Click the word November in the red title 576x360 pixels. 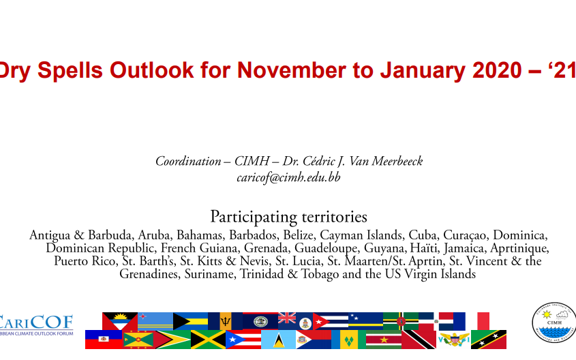point(291,70)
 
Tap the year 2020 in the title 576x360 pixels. point(497,70)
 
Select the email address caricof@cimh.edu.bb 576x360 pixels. point(288,177)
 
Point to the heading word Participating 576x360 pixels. point(254,217)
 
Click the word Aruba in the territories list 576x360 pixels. point(155,235)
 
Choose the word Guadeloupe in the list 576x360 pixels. point(325,248)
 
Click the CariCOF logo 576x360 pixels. point(36,325)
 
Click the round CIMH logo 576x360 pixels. point(554,323)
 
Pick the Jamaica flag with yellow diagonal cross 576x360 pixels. point(208,340)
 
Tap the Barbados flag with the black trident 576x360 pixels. point(225,321)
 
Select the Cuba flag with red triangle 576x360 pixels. point(330,321)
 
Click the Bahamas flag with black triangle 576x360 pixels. point(190,321)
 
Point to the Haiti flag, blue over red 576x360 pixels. point(104,340)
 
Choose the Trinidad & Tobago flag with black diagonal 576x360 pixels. point(419,340)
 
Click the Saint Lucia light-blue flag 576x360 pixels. point(278,340)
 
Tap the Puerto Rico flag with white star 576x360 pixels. point(243,340)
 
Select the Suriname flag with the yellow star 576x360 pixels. point(384,340)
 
